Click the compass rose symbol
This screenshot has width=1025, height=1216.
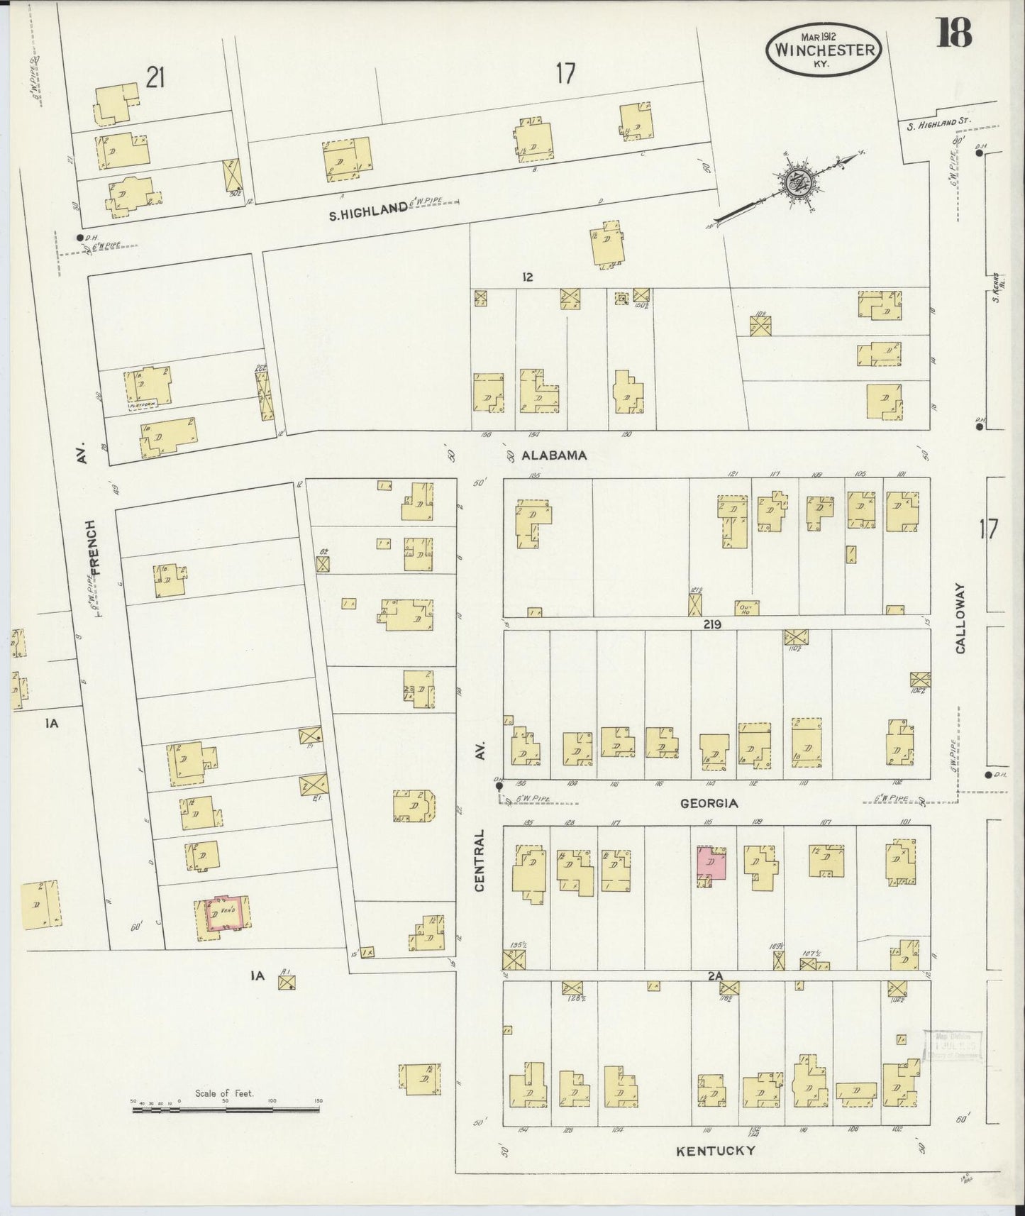[799, 182]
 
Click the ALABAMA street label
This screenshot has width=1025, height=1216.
[554, 455]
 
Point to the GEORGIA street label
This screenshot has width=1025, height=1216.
[709, 803]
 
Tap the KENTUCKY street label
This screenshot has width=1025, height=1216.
[715, 1150]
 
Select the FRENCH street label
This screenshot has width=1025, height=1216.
[95, 546]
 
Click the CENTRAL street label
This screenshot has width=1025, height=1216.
[480, 860]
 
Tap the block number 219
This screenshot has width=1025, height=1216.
[712, 624]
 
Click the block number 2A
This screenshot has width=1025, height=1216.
[714, 976]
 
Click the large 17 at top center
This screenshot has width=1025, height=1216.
[565, 73]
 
